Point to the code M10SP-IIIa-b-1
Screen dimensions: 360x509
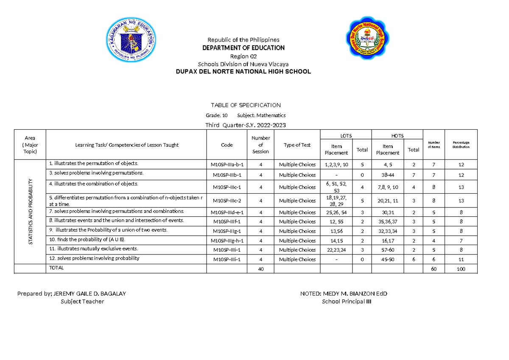pos(227,165)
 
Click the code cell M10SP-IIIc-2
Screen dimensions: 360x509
pos(227,201)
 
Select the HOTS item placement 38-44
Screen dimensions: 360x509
pos(387,175)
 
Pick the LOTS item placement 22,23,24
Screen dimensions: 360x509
pos(336,250)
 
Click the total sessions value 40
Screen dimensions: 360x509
pos(260,269)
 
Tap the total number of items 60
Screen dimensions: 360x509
pos(433,269)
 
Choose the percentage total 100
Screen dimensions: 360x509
pos(461,269)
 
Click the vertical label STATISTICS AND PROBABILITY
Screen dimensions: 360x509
pos(30,212)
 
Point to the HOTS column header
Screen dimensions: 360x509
pos(397,136)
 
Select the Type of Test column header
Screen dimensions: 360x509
pos(297,145)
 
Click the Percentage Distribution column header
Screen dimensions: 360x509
pos(461,145)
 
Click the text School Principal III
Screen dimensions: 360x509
pos(347,301)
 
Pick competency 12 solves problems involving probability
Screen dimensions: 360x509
pos(94,258)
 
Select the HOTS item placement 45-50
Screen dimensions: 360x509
pos(387,260)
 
